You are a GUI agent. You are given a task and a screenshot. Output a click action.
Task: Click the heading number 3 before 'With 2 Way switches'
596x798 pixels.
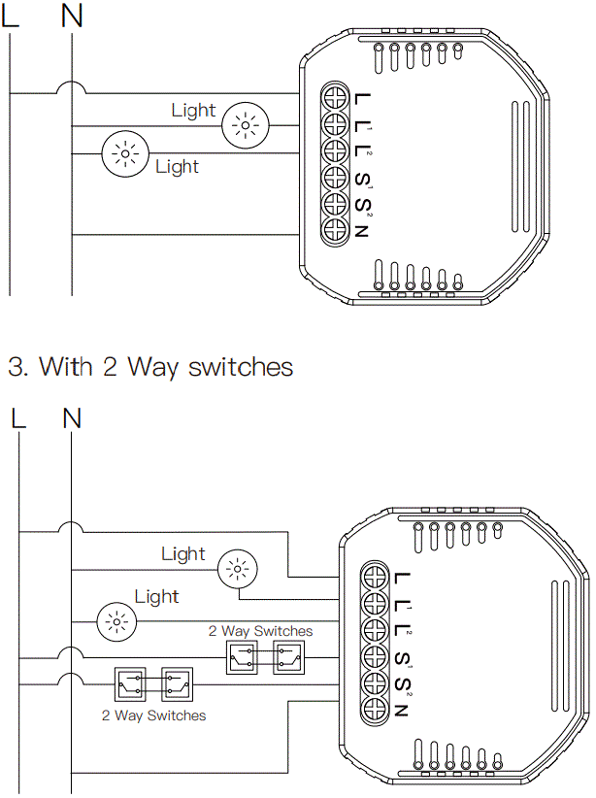tap(16, 367)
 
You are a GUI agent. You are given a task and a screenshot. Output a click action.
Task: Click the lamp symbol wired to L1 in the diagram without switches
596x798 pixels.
tap(243, 126)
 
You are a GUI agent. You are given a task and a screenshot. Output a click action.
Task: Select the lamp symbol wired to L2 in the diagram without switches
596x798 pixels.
tap(122, 153)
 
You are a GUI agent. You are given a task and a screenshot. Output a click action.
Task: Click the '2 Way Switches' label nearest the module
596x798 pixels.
tap(260, 631)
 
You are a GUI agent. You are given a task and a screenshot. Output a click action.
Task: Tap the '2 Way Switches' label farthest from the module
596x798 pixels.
tap(153, 715)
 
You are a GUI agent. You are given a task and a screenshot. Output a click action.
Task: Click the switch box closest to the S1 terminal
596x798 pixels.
tap(286, 657)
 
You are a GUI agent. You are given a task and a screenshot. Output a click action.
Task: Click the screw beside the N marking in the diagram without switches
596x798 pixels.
tap(335, 229)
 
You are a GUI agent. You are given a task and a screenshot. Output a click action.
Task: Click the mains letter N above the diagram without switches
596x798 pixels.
tap(72, 17)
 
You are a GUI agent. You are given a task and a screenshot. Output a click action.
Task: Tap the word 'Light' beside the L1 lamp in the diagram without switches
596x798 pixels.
tap(193, 111)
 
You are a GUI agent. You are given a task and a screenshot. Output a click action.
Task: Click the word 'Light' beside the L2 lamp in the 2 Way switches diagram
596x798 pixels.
tap(157, 597)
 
